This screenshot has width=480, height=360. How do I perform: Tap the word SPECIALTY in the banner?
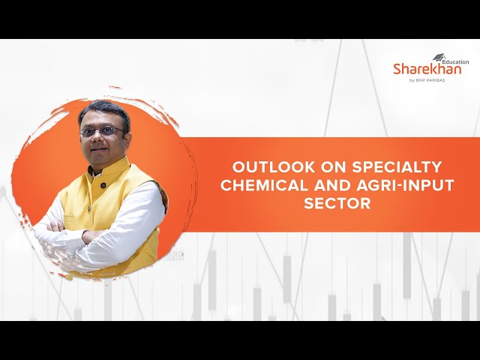(x=397, y=167)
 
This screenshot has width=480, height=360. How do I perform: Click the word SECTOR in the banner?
(x=337, y=203)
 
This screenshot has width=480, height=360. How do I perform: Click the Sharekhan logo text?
(x=427, y=69)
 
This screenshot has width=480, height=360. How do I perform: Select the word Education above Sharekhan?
(x=455, y=61)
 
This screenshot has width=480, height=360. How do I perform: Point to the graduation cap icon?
(x=439, y=57)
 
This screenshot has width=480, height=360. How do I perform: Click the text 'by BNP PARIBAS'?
(x=427, y=80)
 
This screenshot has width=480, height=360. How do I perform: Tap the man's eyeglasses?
(x=102, y=132)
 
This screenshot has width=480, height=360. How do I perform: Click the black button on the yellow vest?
(x=103, y=185)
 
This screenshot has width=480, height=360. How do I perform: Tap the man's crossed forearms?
(x=79, y=235)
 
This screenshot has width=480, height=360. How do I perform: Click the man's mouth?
(x=99, y=149)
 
